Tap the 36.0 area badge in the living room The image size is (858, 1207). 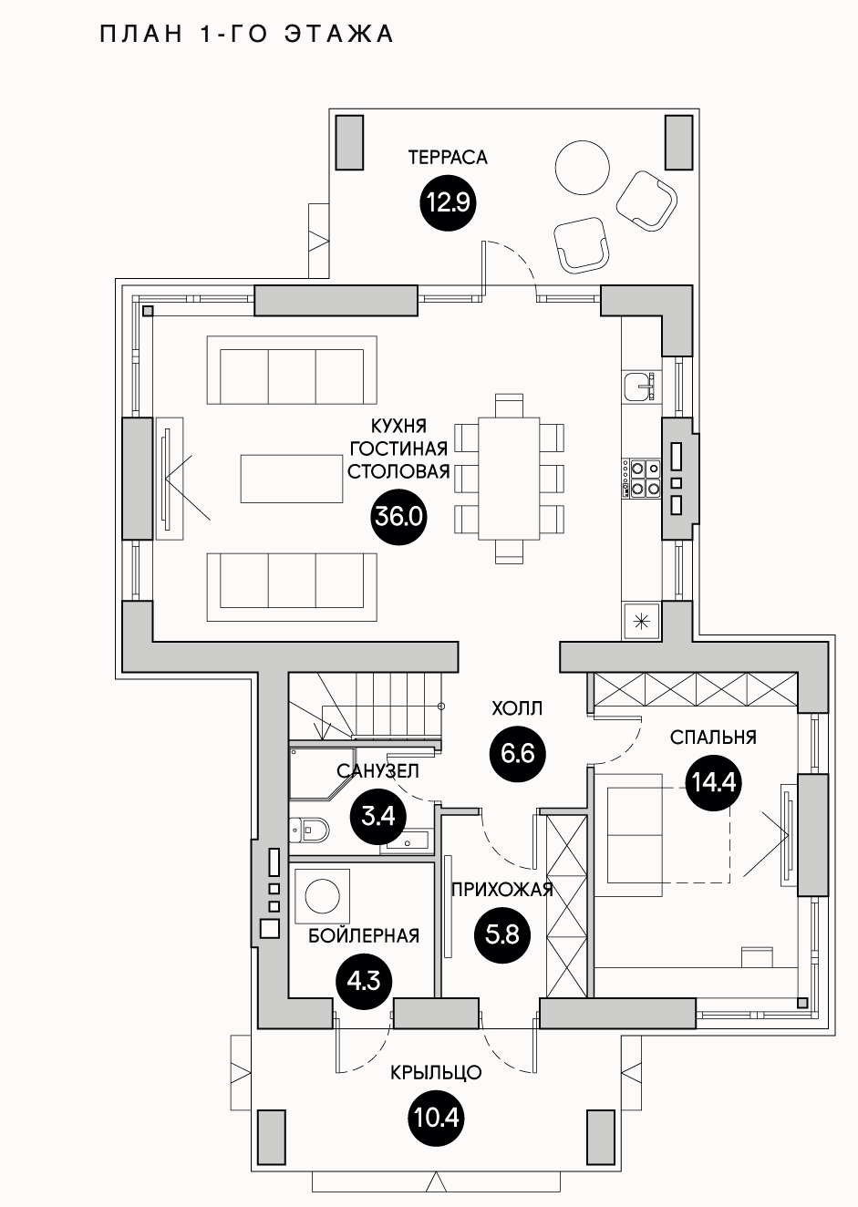[399, 517]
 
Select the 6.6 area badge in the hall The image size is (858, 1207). [517, 754]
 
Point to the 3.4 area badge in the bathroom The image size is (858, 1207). [377, 814]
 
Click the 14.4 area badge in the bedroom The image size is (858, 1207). [713, 782]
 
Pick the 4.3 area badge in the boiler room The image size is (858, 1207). [364, 981]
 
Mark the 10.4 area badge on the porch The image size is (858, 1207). [437, 1116]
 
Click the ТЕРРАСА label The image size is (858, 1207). [448, 158]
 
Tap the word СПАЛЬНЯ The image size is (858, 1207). [713, 738]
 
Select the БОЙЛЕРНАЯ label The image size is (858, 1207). [364, 935]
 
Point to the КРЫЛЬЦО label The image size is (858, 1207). [436, 1073]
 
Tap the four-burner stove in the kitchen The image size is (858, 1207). [643, 479]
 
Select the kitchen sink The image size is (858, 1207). [640, 387]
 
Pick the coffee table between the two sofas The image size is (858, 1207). [293, 478]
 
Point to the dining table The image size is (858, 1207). [509, 479]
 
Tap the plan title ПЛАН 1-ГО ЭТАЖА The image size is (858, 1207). [246, 35]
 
